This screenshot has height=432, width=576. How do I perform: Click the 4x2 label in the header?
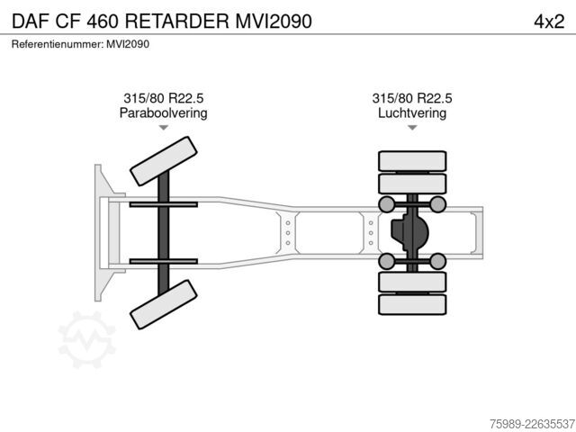[549, 22]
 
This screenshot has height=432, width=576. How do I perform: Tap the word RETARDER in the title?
[177, 22]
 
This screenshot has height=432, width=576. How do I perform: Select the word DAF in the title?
[31, 22]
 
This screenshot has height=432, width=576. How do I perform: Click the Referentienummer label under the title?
[58, 44]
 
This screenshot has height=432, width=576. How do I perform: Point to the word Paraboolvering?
[164, 112]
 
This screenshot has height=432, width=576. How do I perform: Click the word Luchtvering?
[412, 112]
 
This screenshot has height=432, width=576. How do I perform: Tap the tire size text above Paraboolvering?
[164, 98]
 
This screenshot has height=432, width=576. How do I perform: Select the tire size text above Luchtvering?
[412, 98]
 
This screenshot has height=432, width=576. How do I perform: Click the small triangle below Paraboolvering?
[164, 128]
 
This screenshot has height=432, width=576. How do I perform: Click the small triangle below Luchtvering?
[412, 128]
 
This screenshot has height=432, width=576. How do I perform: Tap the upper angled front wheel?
[164, 161]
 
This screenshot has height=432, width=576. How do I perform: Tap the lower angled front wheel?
[164, 304]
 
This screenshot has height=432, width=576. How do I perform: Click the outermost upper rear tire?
[412, 161]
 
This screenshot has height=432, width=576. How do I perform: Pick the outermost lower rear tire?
[412, 304]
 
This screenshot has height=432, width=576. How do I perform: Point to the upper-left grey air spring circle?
[386, 204]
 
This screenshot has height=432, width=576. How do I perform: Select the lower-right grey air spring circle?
[437, 261]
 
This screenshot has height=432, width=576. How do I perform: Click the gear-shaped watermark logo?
[86, 339]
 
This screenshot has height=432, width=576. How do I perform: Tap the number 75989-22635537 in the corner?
[532, 424]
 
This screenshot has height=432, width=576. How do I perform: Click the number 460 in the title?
[103, 22]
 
